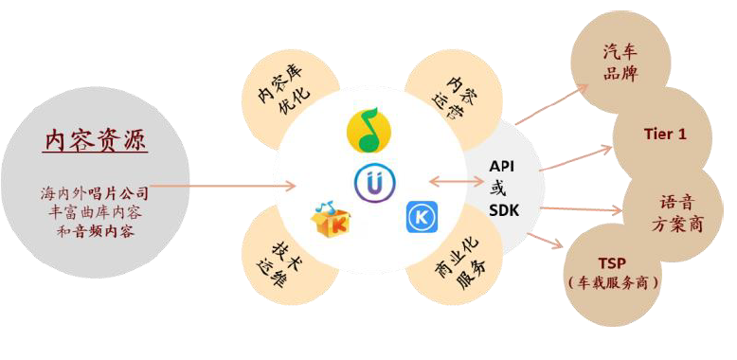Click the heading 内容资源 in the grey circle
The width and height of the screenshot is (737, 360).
click(95, 140)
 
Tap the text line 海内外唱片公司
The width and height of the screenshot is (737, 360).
click(95, 193)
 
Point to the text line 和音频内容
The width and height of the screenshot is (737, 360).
click(95, 230)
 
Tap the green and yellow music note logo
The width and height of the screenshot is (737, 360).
click(368, 131)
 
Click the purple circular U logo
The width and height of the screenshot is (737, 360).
click(373, 183)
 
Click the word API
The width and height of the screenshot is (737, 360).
click(501, 166)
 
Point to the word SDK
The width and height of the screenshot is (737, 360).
click(503, 209)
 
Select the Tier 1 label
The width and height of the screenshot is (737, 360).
click(664, 135)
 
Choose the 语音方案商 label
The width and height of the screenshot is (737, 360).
click(676, 213)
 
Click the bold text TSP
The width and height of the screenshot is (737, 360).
click(612, 263)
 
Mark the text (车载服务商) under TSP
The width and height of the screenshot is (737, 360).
click(612, 282)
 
